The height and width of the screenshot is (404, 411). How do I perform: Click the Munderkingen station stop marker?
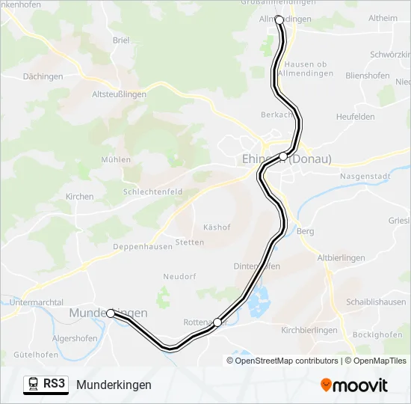click(x=111, y=313)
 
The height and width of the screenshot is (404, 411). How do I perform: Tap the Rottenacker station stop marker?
click(x=217, y=322)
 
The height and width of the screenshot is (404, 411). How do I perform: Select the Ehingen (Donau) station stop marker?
click(x=282, y=156)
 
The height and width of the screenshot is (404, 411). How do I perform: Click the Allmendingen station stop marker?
click(x=279, y=19)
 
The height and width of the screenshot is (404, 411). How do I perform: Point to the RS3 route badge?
click(x=46, y=385)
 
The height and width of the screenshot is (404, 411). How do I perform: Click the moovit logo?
click(x=354, y=385)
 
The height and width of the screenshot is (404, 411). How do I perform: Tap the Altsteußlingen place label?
click(x=118, y=94)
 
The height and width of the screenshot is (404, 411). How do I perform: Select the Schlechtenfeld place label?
click(x=153, y=192)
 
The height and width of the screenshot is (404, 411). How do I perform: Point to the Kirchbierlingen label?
click(x=309, y=330)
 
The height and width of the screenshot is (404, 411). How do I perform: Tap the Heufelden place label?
click(x=356, y=117)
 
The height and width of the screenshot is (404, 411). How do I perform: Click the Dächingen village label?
click(x=43, y=76)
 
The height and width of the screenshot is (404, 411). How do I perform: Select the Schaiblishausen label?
click(x=376, y=302)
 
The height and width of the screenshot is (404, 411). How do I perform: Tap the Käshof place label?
click(x=217, y=227)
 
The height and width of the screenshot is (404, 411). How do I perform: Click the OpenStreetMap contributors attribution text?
click(x=287, y=361)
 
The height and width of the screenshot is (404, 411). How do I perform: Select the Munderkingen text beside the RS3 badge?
click(x=114, y=385)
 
